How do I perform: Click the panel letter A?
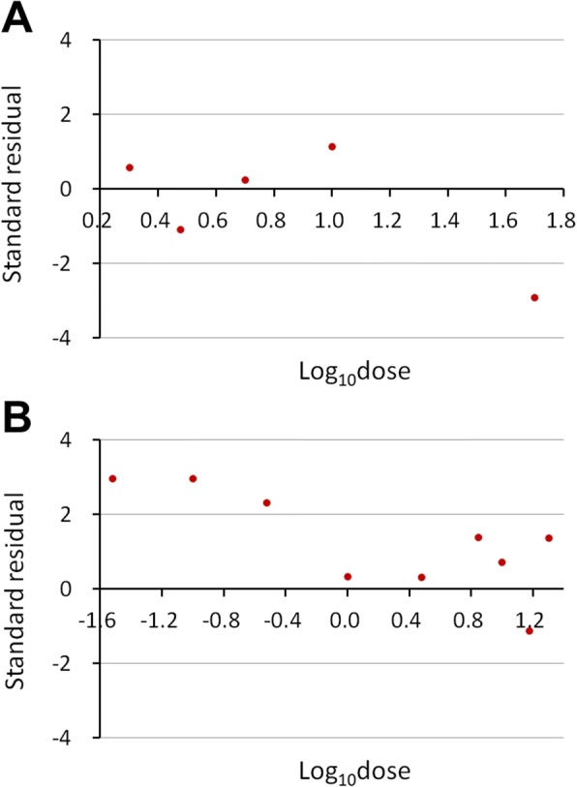point(21,18)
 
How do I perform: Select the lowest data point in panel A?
point(534,297)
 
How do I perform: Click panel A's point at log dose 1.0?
point(332,147)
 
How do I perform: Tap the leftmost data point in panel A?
point(130,167)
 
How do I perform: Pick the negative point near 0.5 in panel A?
point(180,229)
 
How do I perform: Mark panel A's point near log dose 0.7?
point(245,180)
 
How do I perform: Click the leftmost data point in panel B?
point(112,478)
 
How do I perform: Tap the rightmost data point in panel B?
point(549,538)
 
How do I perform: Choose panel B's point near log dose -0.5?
point(266,502)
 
